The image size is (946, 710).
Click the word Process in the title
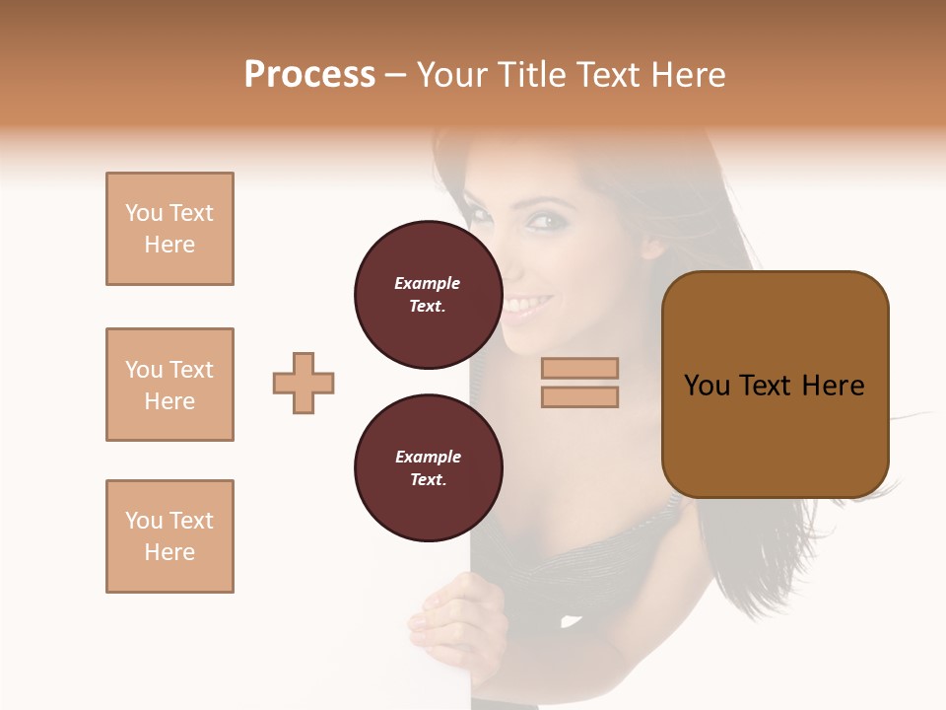309,75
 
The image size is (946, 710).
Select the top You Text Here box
169,229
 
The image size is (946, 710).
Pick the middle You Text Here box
169,385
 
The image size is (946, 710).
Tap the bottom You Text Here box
169,536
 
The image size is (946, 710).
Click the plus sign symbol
304,383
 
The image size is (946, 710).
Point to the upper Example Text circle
428,295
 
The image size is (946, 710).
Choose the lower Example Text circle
428,468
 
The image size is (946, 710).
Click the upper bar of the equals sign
579,368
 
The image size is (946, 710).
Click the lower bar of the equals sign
579,396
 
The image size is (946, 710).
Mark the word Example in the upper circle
428,283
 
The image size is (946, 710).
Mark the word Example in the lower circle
428,457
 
